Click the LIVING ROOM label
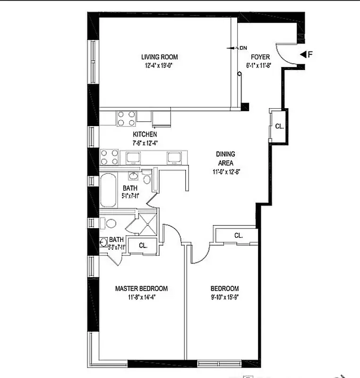[159, 57]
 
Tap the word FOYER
[260, 57]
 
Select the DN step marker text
[243, 48]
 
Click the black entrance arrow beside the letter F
[304, 54]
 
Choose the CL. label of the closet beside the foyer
[279, 126]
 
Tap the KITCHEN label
[145, 134]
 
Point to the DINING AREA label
[225, 158]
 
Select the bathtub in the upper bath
[108, 190]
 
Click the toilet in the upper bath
[147, 179]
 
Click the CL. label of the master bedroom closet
[143, 246]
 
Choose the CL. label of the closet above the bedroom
[238, 235]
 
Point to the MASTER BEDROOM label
[142, 289]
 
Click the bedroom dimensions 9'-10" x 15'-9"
[224, 298]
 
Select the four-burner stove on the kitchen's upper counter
[126, 118]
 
